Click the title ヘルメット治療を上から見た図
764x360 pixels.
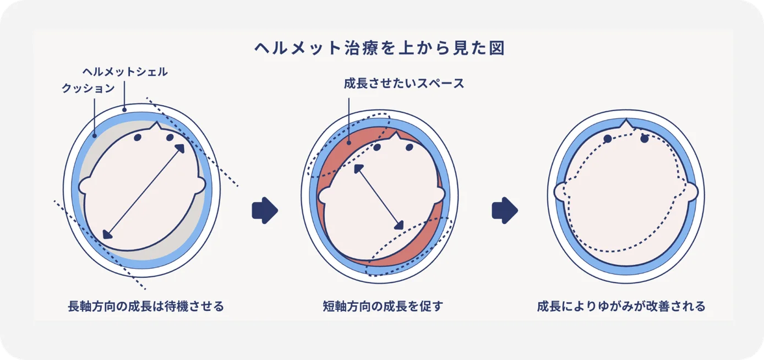pyautogui.click(x=380, y=48)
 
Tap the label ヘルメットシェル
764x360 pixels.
pyautogui.click(x=125, y=72)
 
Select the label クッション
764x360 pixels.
pyautogui.click(x=88, y=88)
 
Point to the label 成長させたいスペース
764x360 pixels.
pyautogui.click(x=404, y=83)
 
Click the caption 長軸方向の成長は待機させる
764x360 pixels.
pyautogui.click(x=146, y=306)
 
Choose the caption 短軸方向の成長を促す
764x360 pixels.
pyautogui.click(x=383, y=306)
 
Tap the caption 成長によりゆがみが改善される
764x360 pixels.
pyautogui.click(x=621, y=306)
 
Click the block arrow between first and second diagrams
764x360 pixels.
pyautogui.click(x=265, y=210)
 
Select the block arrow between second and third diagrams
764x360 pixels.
pyautogui.click(x=505, y=210)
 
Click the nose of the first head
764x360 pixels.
pyautogui.click(x=156, y=126)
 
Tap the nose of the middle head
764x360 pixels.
pyautogui.click(x=395, y=136)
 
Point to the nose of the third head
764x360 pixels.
pyautogui.click(x=626, y=123)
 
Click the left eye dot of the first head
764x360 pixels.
pyautogui.click(x=138, y=138)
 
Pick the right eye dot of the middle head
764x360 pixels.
pyautogui.click(x=410, y=147)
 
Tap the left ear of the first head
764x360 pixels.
pyautogui.click(x=84, y=186)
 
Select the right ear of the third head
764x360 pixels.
pyautogui.click(x=692, y=192)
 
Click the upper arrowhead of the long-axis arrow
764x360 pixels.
pyautogui.click(x=180, y=149)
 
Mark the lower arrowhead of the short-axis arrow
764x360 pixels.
pyautogui.click(x=400, y=225)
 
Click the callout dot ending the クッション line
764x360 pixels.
pyautogui.click(x=95, y=136)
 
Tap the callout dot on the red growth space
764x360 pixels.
pyautogui.click(x=348, y=143)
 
